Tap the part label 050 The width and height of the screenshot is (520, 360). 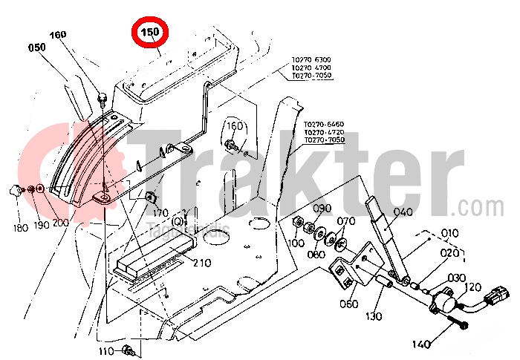point(37,48)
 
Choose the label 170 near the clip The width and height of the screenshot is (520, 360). point(160,213)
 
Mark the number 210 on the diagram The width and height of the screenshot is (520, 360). point(202,262)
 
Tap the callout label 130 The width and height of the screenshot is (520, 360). point(373,315)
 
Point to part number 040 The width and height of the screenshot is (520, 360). point(403,212)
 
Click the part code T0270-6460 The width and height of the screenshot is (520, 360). point(324,124)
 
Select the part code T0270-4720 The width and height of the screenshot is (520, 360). point(324,131)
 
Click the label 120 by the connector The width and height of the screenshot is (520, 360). point(472,287)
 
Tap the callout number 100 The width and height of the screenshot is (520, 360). point(296,243)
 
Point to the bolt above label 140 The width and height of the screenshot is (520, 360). point(463,324)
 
